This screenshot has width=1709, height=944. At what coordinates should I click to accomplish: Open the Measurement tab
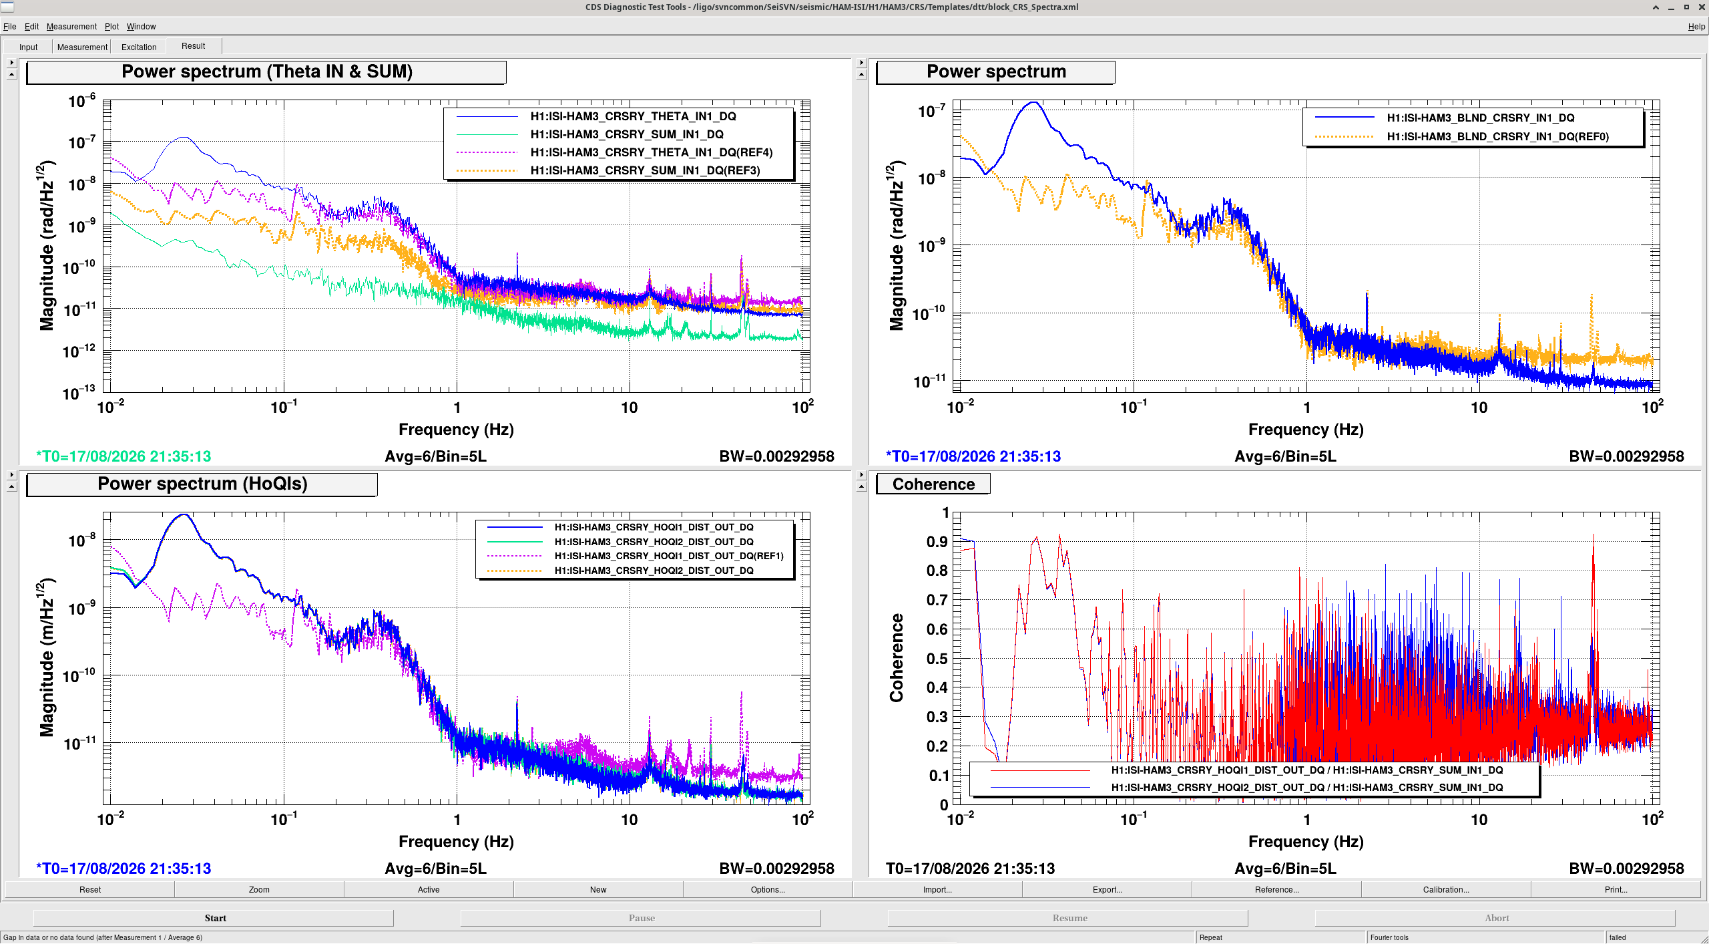[x=82, y=47]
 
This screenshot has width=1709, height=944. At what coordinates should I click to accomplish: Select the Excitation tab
[x=139, y=47]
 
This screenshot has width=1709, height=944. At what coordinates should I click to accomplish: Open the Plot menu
[x=111, y=27]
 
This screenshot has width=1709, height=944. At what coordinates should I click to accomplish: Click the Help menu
[x=1696, y=27]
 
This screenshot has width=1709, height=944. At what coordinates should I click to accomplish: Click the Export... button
[x=1107, y=889]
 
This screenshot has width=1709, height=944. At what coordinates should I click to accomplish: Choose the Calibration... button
[x=1446, y=889]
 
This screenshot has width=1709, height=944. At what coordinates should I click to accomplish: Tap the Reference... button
[x=1276, y=889]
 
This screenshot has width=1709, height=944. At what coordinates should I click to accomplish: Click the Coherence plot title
[x=933, y=484]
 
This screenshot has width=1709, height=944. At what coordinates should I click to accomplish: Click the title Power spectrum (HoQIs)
[x=202, y=484]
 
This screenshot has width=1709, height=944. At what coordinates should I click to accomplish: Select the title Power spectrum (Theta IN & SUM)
[x=266, y=71]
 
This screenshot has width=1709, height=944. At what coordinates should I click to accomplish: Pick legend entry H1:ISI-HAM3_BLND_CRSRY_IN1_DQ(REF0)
[x=1497, y=137]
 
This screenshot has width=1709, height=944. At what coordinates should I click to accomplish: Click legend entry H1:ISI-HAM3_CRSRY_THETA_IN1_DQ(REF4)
[x=652, y=152]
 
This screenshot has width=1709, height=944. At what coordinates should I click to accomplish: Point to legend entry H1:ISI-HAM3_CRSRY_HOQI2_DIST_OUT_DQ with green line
[x=654, y=542]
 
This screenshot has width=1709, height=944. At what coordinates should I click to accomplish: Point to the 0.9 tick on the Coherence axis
[x=937, y=542]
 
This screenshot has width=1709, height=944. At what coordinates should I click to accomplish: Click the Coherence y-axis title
[x=896, y=657]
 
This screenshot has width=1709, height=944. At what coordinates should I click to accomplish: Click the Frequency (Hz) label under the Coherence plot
[x=1306, y=841]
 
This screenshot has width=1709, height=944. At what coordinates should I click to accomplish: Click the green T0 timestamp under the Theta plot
[x=124, y=456]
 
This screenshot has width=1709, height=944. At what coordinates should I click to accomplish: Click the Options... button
[x=768, y=889]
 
